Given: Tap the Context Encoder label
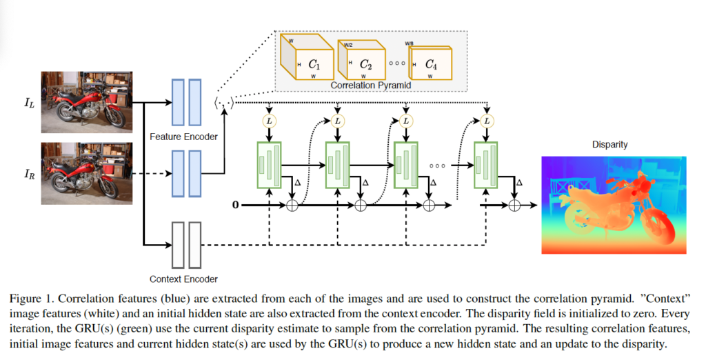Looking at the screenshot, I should point(183,279).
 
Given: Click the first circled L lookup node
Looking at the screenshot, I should point(269,121).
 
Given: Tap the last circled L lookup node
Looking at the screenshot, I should point(487,121).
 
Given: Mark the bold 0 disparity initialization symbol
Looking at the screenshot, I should point(235,204).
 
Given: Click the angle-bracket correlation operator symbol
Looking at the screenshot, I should point(225,103).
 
